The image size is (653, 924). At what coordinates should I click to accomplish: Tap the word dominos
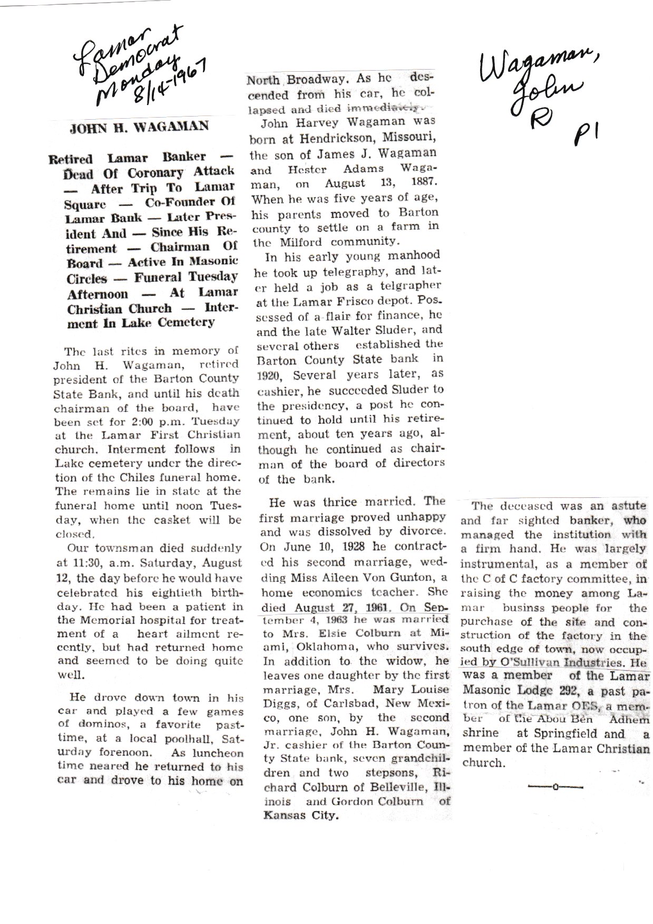point(93,725)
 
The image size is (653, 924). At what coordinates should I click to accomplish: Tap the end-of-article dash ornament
point(554,787)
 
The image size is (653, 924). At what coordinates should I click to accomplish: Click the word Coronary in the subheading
point(147,172)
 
